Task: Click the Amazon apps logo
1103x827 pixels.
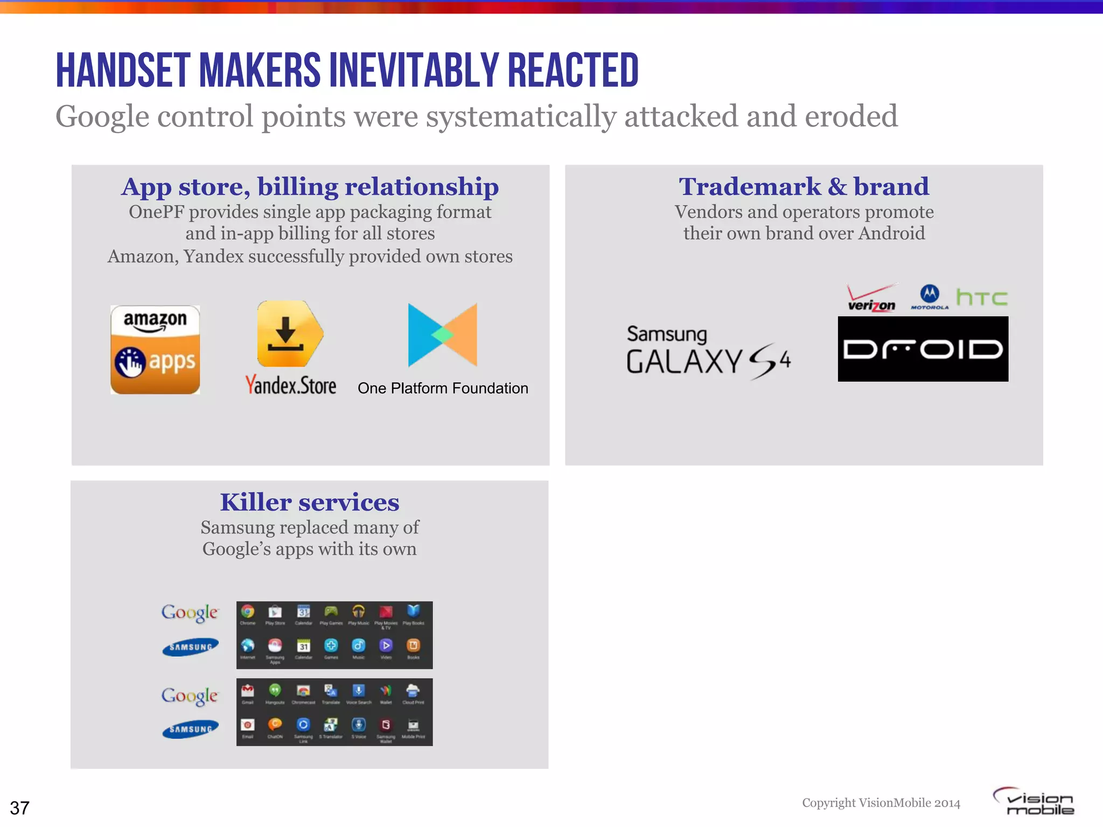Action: [x=155, y=349]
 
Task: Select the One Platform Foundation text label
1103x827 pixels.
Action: [x=443, y=388]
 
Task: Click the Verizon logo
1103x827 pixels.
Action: [x=871, y=298]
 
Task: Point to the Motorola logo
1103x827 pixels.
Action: [x=930, y=297]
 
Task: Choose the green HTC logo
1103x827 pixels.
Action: [x=982, y=297]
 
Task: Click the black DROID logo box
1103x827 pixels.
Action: [x=923, y=349]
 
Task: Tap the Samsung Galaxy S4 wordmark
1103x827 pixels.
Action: [x=708, y=351]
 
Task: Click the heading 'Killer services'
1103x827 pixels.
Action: [x=310, y=502]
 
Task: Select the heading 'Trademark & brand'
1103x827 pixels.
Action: [x=804, y=187]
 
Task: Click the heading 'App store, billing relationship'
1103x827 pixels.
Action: [x=310, y=187]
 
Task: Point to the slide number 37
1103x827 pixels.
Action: [x=20, y=808]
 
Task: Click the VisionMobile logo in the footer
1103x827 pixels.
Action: [x=1034, y=802]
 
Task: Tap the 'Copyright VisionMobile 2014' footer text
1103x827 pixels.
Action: [x=881, y=803]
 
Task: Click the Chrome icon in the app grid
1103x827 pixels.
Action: [x=248, y=612]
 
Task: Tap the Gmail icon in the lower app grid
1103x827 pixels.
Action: [x=248, y=690]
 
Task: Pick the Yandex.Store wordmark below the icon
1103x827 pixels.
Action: [x=291, y=386]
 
